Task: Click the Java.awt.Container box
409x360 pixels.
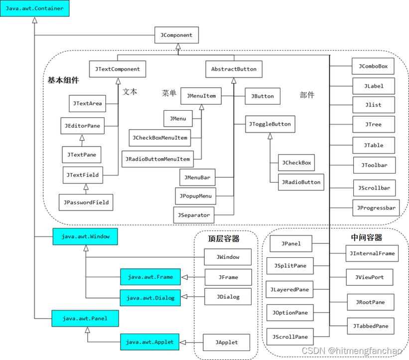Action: pos(34,8)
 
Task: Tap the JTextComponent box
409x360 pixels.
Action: pos(118,69)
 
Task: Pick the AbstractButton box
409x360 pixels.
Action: pos(234,69)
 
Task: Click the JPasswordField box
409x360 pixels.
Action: pos(86,202)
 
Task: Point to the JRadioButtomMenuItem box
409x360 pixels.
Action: pos(157,159)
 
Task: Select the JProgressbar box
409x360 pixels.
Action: pos(376,208)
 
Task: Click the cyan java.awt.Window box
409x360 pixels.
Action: pos(86,236)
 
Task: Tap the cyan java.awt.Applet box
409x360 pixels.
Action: pos(149,342)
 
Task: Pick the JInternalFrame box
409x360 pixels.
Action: pos(372,253)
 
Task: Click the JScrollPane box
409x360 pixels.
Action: pos(290,337)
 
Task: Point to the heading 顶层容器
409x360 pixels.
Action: pos(224,239)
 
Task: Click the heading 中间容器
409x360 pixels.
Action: pos(366,238)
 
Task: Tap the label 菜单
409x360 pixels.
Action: pos(169,93)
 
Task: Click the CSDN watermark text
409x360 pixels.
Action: pos(352,351)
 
